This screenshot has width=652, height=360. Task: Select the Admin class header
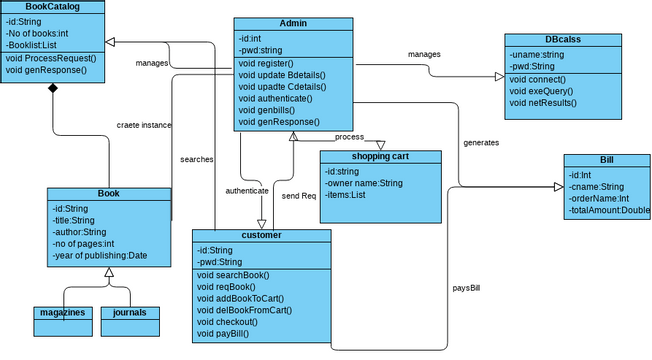point(293,23)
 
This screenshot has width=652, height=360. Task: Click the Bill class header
point(606,160)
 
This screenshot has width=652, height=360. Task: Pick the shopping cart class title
point(379,156)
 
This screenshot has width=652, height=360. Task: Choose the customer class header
point(261,235)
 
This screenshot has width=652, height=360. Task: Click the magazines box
point(62,313)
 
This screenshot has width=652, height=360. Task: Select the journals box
point(130,313)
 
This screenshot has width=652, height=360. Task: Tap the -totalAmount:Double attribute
point(608,211)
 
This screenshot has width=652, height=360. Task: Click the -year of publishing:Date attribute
point(99,256)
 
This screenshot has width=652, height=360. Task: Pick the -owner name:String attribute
point(364,183)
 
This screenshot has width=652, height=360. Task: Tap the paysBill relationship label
point(469,288)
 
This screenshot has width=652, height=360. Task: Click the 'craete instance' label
point(143,125)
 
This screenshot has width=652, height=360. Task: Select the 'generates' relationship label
point(481,142)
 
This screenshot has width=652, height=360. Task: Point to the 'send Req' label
point(298,195)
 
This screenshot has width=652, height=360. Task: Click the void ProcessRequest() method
point(51,58)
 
